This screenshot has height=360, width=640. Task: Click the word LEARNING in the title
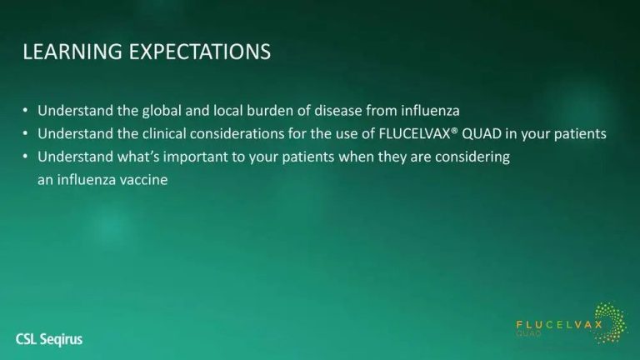click(x=72, y=52)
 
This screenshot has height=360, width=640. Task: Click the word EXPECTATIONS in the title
click(x=200, y=52)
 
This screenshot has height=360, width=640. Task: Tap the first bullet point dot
click(x=26, y=111)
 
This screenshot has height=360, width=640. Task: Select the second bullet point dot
click(x=26, y=133)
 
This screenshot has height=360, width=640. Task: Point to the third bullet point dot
click(x=26, y=157)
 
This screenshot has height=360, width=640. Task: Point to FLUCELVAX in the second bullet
click(x=414, y=134)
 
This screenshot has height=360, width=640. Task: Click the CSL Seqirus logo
click(x=49, y=339)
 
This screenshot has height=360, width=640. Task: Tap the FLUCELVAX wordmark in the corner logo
click(x=559, y=325)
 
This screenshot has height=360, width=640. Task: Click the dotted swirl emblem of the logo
click(x=611, y=322)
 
